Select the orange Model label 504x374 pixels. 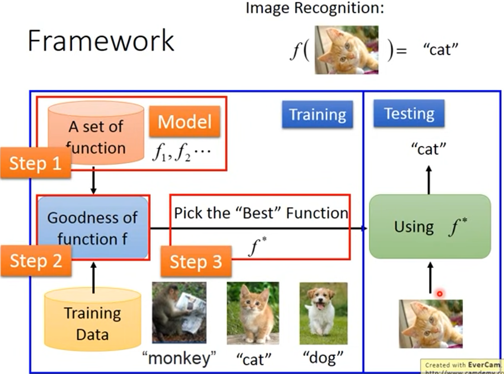(184, 121)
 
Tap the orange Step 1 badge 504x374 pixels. (35, 163)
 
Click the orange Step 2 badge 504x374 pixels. (36, 261)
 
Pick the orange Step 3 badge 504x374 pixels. (196, 262)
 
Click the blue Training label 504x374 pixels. (317, 114)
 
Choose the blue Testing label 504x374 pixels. (409, 113)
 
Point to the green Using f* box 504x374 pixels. (430, 226)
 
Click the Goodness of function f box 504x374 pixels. (93, 228)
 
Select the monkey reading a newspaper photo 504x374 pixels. (179, 312)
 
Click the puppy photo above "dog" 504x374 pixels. (323, 313)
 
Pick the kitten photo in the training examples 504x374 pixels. (253, 313)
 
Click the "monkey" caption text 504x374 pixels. (179, 358)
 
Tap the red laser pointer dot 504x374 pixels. (439, 294)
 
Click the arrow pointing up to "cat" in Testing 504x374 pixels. (429, 180)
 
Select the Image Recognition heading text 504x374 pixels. (315, 8)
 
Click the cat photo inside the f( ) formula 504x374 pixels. (346, 50)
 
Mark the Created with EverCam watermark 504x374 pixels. (462, 365)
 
